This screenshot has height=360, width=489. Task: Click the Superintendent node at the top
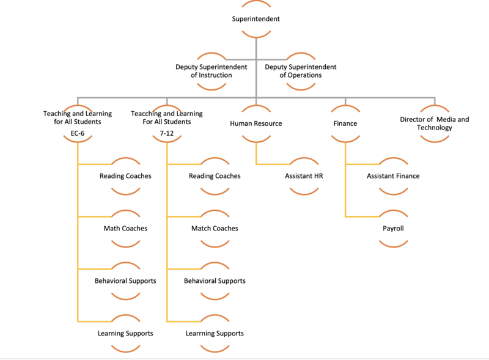(256, 19)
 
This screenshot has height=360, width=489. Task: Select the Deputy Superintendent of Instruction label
(211, 71)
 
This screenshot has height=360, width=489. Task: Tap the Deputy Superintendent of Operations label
(301, 71)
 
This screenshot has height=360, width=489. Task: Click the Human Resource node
(256, 123)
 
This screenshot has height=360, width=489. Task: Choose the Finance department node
(345, 123)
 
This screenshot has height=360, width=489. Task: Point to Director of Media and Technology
(435, 123)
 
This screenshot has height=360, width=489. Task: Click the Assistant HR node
(304, 176)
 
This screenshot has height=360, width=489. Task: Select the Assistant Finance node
(393, 176)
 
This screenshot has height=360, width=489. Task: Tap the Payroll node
(393, 229)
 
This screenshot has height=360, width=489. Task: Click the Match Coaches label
(215, 229)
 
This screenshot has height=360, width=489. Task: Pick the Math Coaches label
(125, 229)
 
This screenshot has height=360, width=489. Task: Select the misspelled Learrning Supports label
(215, 334)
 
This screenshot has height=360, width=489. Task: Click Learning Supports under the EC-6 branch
(125, 334)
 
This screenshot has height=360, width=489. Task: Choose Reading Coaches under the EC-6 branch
(125, 176)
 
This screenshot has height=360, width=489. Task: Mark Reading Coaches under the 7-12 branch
(215, 176)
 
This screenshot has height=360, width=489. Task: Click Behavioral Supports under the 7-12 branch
(215, 281)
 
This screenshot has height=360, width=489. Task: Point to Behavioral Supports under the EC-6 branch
(125, 281)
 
